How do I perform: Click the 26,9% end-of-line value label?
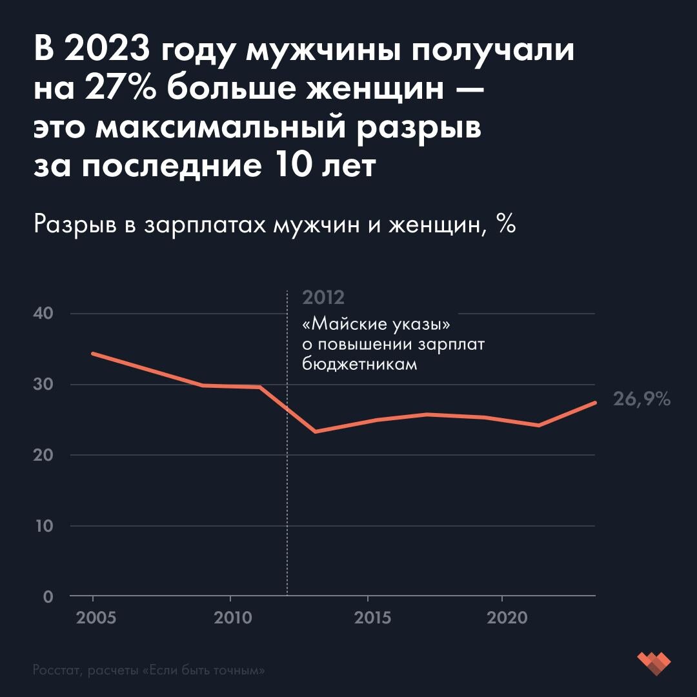click(x=641, y=400)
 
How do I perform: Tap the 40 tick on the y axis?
click(x=42, y=314)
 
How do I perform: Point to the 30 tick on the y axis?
click(x=42, y=385)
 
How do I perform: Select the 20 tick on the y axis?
click(x=42, y=455)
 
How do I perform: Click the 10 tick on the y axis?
click(x=42, y=526)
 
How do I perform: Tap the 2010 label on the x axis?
click(x=232, y=618)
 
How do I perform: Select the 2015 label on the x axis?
click(x=369, y=618)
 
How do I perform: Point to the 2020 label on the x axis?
click(x=505, y=618)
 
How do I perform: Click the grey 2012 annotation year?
click(x=323, y=298)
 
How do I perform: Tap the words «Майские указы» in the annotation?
click(x=376, y=323)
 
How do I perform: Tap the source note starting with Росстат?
click(x=149, y=671)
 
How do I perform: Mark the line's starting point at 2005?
click(x=93, y=354)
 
